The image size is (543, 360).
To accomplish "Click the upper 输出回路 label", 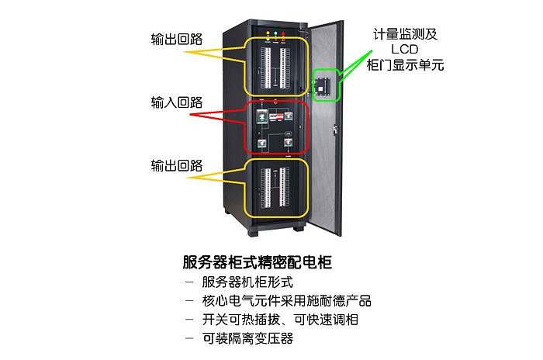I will [177, 39].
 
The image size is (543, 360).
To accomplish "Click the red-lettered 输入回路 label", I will [177, 102].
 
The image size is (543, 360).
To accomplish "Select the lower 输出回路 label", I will [177, 166].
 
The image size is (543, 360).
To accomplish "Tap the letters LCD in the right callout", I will [404, 50].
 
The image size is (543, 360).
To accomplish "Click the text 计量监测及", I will [404, 34].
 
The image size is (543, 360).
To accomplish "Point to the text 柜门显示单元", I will [404, 65].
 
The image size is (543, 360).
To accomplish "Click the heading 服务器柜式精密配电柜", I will [257, 261].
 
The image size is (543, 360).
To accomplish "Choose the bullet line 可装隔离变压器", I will [247, 339].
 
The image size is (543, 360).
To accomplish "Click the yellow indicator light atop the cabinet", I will [268, 35].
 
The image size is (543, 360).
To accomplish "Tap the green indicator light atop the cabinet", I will [276, 35].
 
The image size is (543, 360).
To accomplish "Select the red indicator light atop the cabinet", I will [284, 35].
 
